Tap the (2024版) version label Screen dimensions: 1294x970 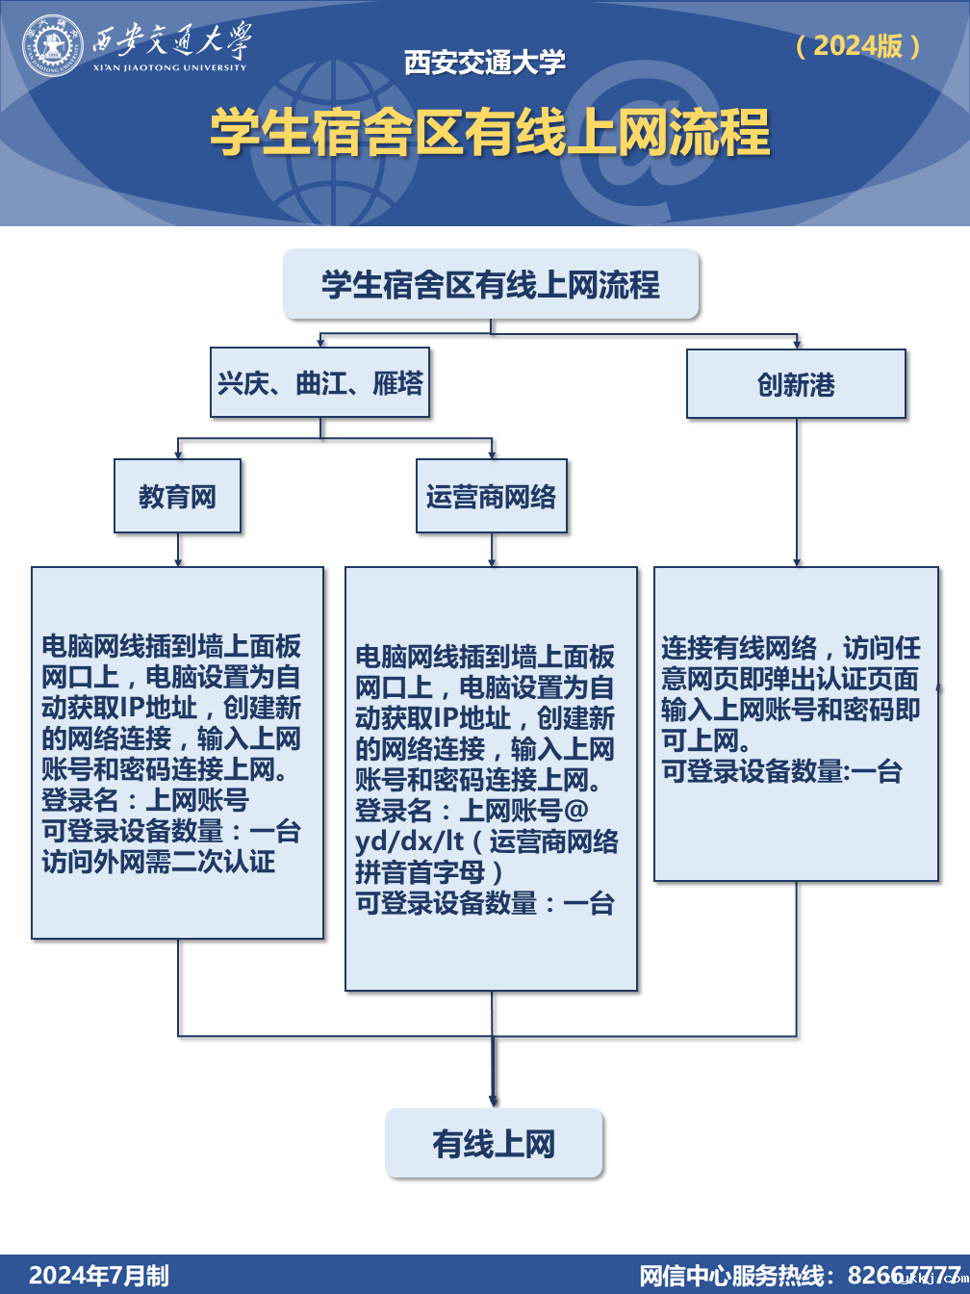coord(858,45)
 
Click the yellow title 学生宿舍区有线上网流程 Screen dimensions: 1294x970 coord(490,132)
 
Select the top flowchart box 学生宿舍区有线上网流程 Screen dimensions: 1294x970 coord(491,284)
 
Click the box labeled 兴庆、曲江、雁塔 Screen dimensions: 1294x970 coord(319,383)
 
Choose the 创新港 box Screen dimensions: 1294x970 coord(796,384)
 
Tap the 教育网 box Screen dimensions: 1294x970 coord(177,496)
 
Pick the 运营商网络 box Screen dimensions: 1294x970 coord(491,496)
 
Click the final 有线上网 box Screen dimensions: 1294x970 coord(494,1144)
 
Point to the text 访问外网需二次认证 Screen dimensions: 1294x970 coord(158,861)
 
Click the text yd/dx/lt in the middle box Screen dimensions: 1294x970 coord(409,841)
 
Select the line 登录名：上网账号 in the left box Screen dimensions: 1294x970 coord(145,799)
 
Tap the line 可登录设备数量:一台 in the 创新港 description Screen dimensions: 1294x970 coord(781,771)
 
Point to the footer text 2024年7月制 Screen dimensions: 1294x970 coord(99,1275)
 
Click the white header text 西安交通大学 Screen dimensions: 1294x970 coord(484,63)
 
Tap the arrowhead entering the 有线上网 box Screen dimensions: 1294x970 coord(493,1100)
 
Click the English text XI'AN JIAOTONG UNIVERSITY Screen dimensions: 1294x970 coord(170,67)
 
